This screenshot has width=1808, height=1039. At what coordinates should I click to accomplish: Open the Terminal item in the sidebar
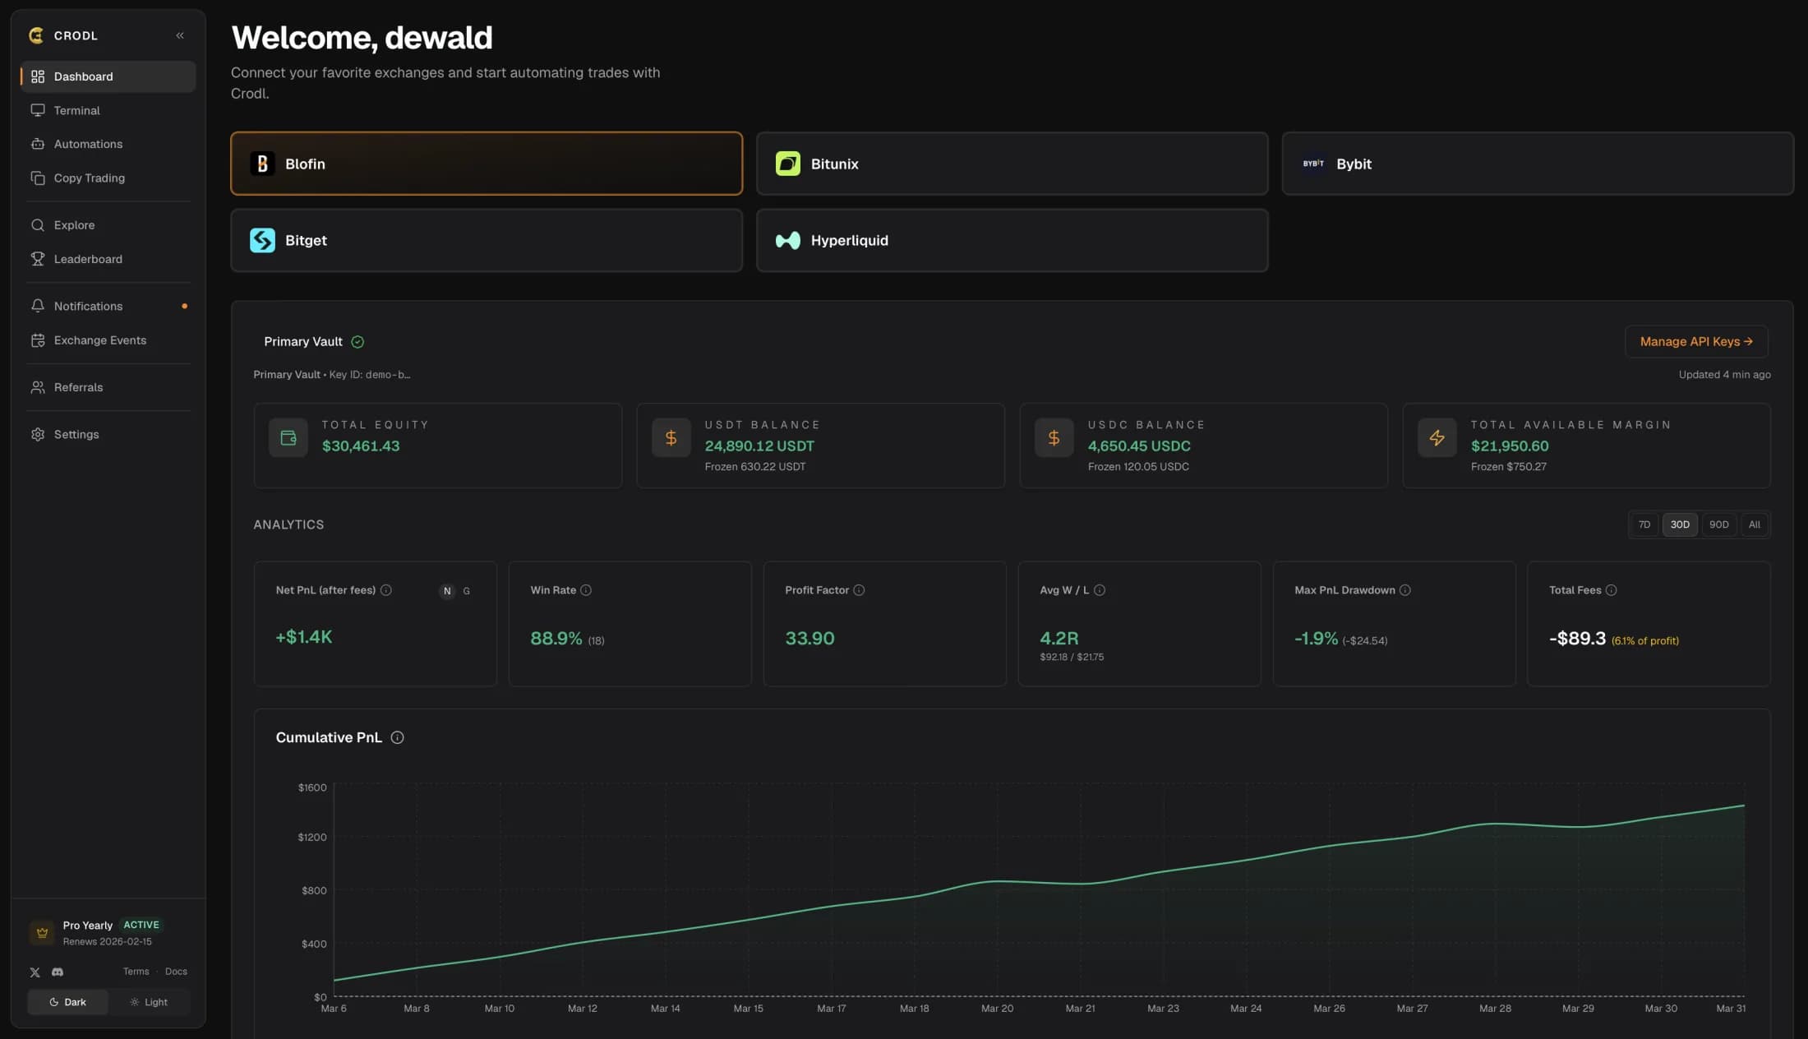point(76,110)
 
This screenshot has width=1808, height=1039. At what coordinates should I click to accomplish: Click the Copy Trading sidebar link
point(89,178)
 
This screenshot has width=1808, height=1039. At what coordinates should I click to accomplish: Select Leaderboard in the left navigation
point(88,259)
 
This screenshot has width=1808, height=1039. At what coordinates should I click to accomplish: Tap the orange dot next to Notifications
point(184,306)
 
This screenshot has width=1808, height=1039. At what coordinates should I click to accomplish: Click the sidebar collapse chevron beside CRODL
point(180,35)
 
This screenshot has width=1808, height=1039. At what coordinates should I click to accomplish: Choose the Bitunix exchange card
point(1012,164)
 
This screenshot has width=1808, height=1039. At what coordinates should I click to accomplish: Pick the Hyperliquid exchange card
point(1012,240)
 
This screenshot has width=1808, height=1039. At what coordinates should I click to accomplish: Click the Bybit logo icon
point(1313,164)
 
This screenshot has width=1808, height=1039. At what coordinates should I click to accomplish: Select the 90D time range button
point(1718,524)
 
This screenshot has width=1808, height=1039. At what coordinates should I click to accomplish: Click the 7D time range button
point(1644,524)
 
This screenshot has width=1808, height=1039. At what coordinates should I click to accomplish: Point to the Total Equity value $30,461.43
point(361,446)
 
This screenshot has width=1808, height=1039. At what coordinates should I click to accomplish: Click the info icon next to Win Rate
point(586,590)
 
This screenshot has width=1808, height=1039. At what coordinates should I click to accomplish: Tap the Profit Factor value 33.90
point(809,638)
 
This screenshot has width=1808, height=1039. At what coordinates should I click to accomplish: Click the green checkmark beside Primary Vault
point(357,342)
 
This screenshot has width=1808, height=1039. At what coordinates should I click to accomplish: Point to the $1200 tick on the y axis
point(311,837)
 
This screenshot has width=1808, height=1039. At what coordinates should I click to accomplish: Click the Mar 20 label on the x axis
point(997,1008)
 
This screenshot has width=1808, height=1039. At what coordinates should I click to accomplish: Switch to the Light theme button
point(149,1002)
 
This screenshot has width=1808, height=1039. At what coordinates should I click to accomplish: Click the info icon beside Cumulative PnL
point(397,737)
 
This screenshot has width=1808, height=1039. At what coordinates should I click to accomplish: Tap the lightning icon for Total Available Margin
point(1437,437)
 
